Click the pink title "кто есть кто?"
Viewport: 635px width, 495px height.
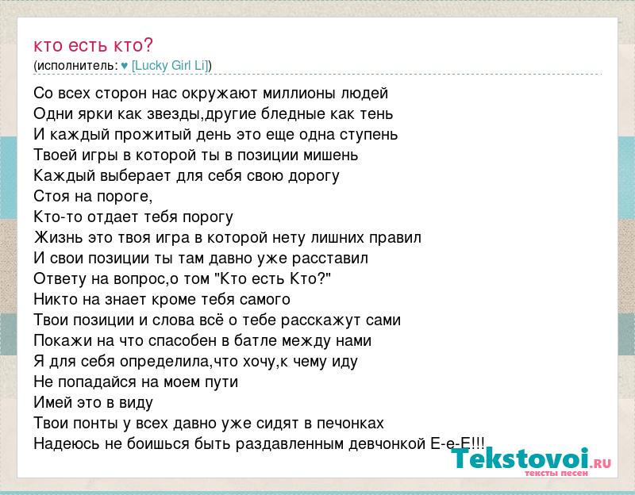93,45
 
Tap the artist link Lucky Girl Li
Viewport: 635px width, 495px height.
170,65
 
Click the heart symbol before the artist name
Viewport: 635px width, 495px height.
125,66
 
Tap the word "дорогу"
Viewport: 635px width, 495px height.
314,176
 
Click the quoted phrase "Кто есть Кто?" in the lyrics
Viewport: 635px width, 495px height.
275,278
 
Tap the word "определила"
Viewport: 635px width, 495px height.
164,362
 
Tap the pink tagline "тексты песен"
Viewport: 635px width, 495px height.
556,473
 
